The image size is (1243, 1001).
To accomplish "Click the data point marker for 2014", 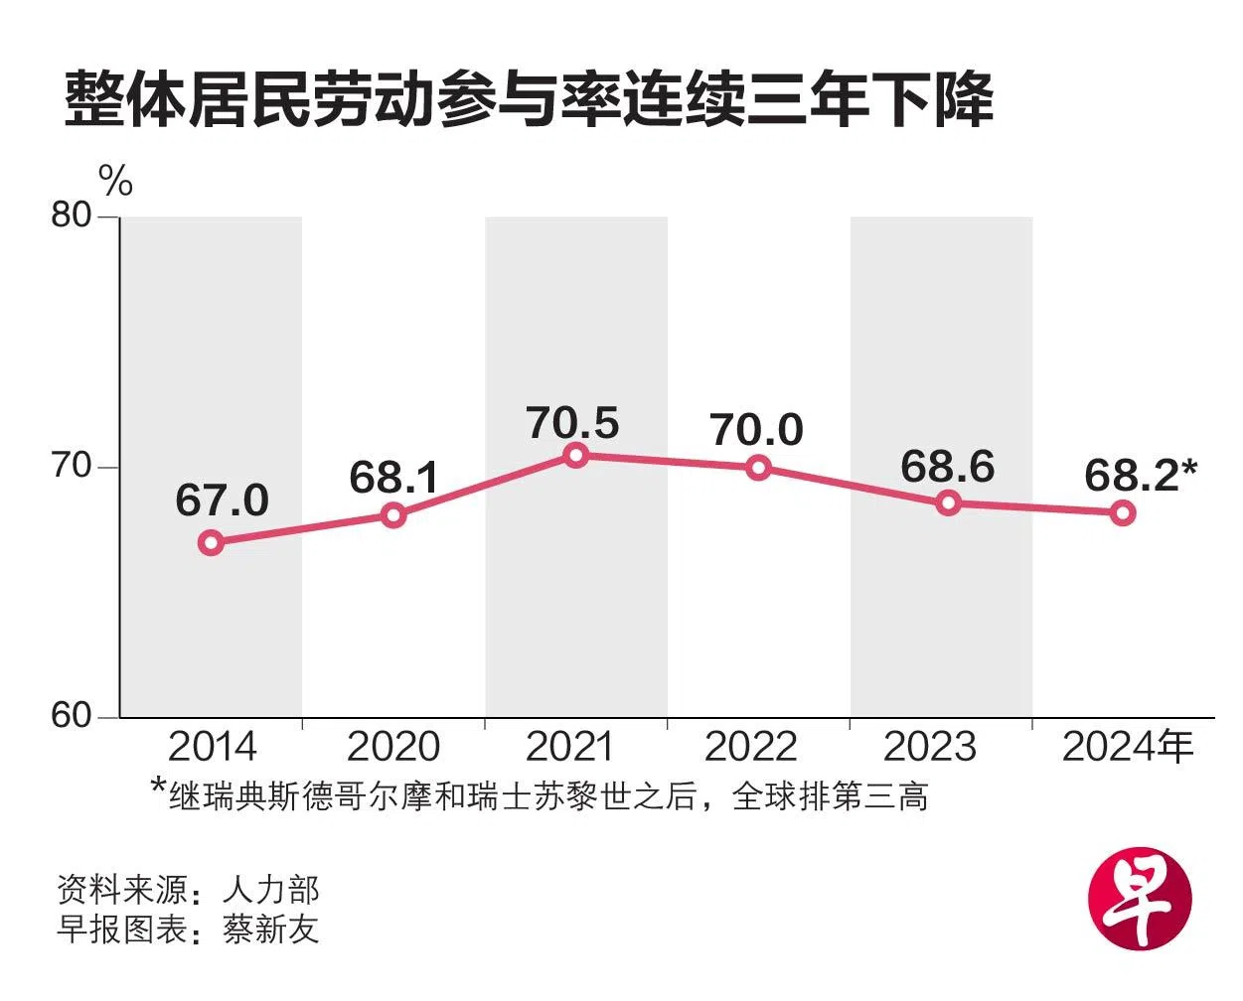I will [211, 542].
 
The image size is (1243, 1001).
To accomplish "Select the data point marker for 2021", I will [575, 455].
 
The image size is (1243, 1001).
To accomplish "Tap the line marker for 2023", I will [949, 502].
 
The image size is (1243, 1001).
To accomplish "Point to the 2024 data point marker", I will [1123, 512].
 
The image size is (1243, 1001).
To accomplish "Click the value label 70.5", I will [573, 422].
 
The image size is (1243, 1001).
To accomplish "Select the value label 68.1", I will [394, 478].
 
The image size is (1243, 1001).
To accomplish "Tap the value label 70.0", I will [756, 429].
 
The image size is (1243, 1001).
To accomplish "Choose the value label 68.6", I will [947, 466].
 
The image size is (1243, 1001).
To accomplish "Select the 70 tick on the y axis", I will [72, 466].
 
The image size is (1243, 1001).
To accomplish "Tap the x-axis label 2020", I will [393, 747].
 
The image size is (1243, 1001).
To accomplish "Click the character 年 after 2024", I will [1173, 746].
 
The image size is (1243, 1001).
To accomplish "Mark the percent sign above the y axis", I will [115, 182].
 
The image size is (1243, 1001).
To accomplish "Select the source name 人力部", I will [270, 888].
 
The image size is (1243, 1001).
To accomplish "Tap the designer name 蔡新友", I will [270, 929].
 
